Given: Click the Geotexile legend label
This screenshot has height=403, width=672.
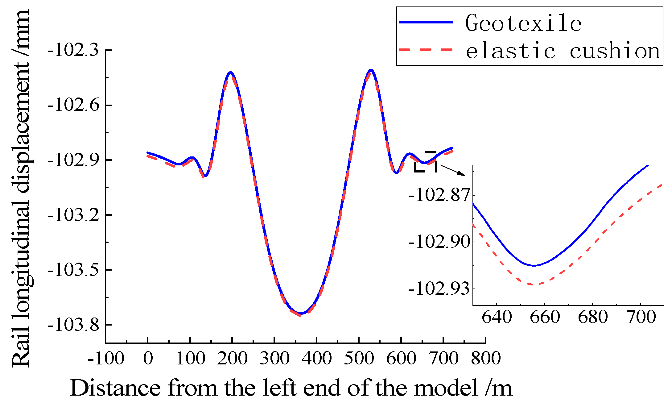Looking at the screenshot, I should (523, 23).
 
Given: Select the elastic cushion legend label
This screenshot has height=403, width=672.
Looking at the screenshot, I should (563, 51).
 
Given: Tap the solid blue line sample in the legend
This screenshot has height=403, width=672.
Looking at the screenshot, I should (426, 22).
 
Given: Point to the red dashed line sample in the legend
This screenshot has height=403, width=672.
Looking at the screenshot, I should (426, 50).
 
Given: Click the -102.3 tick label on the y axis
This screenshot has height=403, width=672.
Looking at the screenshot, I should (73, 50).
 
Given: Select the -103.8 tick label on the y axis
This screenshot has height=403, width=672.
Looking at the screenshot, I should (73, 325).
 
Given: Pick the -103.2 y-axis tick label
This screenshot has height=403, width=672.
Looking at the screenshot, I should (73, 215).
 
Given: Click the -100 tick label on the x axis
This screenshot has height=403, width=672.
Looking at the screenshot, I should (106, 358).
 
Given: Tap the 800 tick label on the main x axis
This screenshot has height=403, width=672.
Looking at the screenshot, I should (486, 358).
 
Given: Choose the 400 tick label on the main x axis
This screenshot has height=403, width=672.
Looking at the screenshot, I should (317, 358).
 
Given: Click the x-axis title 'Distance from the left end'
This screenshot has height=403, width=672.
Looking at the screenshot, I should (291, 388).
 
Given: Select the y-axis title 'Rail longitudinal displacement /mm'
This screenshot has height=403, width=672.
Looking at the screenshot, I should (21, 188).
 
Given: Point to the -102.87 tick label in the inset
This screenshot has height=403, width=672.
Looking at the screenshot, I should (439, 195).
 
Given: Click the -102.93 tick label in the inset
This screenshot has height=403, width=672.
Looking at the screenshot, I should (439, 289).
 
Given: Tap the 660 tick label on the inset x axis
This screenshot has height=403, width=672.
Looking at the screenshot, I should (545, 317).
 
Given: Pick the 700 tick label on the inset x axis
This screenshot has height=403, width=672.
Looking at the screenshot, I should (641, 317).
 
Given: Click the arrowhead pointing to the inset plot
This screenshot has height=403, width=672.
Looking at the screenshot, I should (462, 173).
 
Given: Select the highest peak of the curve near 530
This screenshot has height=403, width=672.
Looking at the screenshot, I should (371, 70).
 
